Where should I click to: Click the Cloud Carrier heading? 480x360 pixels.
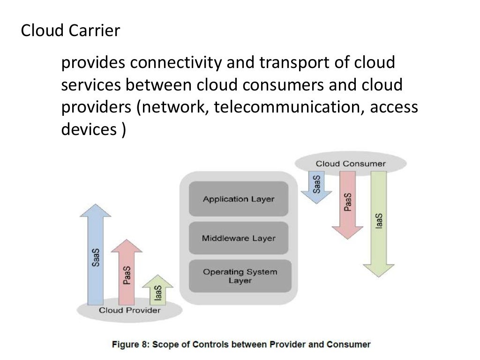(70, 31)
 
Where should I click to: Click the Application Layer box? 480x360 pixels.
(239, 199)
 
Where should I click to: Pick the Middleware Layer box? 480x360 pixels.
(239, 238)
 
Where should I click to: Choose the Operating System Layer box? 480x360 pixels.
(240, 276)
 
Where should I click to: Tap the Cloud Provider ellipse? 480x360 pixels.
(129, 310)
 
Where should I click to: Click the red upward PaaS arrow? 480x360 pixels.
(126, 272)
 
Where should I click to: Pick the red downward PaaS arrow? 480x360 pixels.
(347, 202)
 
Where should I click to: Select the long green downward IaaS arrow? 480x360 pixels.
(378, 220)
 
